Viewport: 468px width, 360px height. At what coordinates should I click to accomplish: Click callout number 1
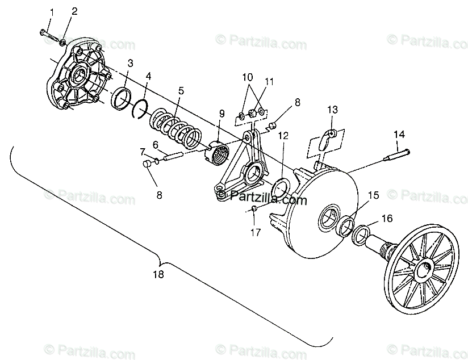pos(52,12)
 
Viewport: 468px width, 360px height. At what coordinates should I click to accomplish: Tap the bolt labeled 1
pos(51,37)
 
